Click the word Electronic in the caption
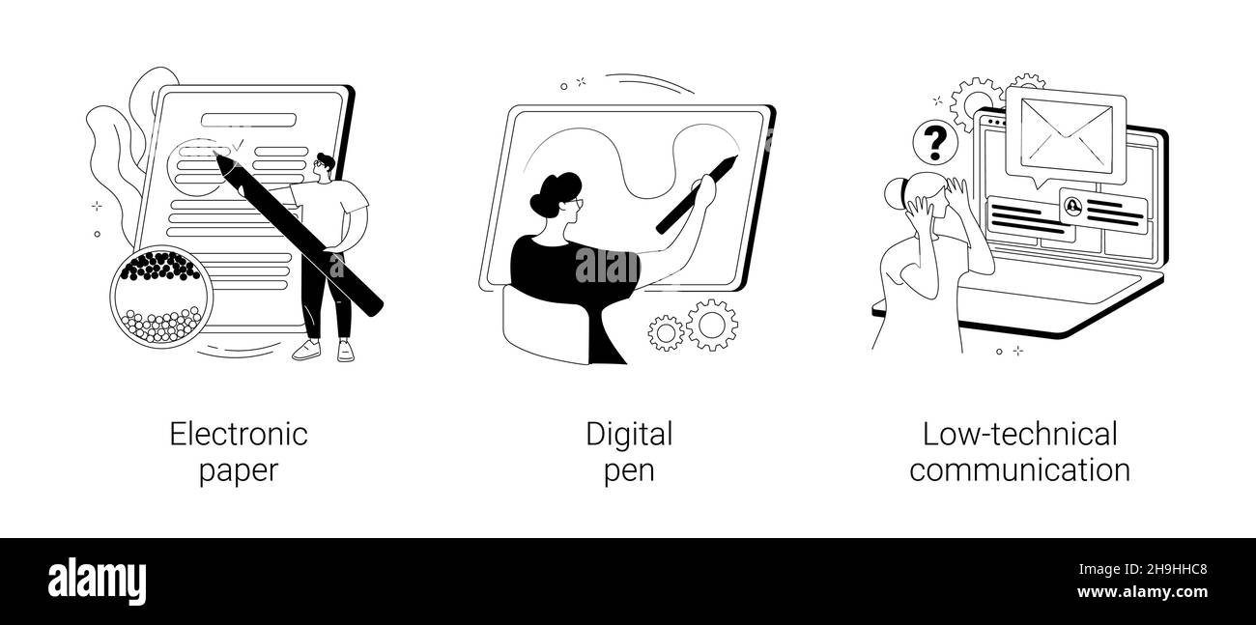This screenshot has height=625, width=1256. [239, 435]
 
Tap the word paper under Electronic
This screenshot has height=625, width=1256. [239, 470]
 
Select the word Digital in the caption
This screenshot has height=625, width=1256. [629, 436]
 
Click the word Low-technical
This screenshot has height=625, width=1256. [1020, 435]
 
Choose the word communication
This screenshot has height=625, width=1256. [1020, 469]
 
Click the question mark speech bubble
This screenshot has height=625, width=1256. [934, 144]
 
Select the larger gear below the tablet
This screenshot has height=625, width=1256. [712, 326]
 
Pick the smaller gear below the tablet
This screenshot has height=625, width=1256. [666, 333]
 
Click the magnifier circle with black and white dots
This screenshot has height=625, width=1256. [161, 297]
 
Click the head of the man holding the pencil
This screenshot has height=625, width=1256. [324, 166]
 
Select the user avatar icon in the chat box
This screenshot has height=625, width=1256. [1073, 206]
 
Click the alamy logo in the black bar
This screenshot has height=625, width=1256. [97, 582]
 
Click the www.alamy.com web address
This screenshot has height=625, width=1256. [1142, 592]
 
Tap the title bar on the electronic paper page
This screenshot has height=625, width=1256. [248, 120]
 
